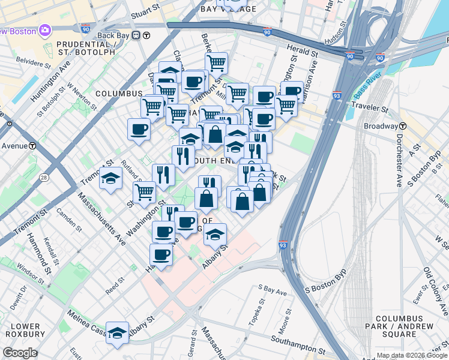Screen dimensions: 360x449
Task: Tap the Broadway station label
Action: pos(381,127)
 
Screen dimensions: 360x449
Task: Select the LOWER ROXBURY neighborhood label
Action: pos(23,329)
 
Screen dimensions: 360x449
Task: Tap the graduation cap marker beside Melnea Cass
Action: pos(117,332)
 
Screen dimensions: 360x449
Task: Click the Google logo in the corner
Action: pos(20,353)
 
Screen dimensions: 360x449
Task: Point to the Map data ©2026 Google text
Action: pos(412,355)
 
